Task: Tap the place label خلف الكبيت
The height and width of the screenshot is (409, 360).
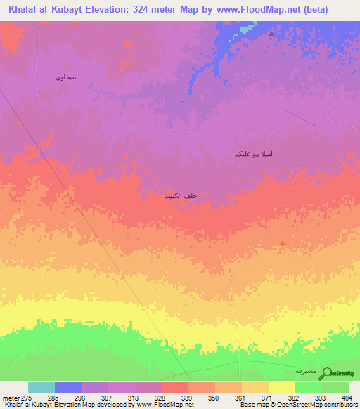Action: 180,197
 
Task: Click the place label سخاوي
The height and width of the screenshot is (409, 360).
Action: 67,77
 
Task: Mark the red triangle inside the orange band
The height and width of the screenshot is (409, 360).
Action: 283,244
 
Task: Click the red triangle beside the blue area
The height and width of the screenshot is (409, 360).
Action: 271,33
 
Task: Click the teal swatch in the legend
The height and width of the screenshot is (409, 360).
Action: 41,387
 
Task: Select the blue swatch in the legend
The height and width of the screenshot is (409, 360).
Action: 68,387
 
